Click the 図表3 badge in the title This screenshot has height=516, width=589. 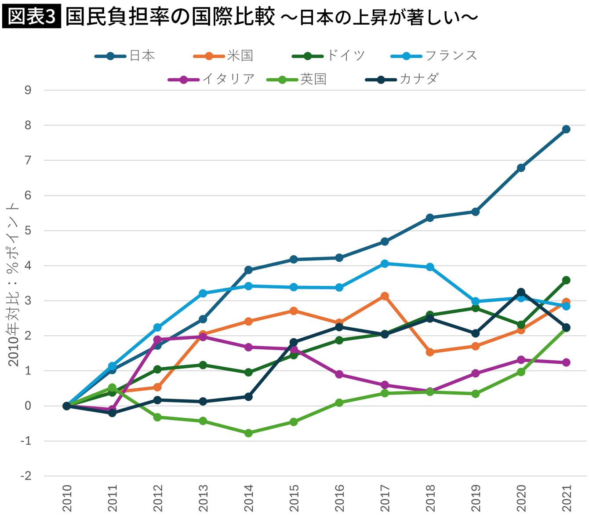click(x=31, y=17)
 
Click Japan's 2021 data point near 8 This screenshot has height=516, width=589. click(x=566, y=129)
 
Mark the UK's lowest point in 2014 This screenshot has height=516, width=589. click(x=248, y=433)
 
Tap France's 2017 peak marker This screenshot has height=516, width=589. click(x=385, y=263)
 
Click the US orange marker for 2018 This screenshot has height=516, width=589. click(x=430, y=352)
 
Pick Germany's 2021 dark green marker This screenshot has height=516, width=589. click(x=566, y=280)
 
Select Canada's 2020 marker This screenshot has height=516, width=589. click(x=521, y=292)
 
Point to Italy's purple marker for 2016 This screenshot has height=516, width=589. click(x=339, y=374)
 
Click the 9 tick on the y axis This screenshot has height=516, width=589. click(x=28, y=90)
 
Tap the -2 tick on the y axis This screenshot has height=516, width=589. click(x=26, y=476)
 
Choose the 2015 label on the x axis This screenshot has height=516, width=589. click(x=294, y=498)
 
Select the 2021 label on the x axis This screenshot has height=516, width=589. click(x=567, y=498)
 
